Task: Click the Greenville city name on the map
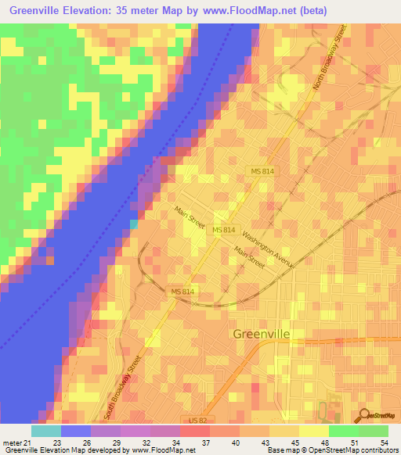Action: (262, 334)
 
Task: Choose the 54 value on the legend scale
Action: (383, 443)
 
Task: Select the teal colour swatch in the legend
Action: (46, 431)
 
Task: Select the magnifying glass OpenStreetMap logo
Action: (364, 415)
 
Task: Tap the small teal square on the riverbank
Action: (133, 224)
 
